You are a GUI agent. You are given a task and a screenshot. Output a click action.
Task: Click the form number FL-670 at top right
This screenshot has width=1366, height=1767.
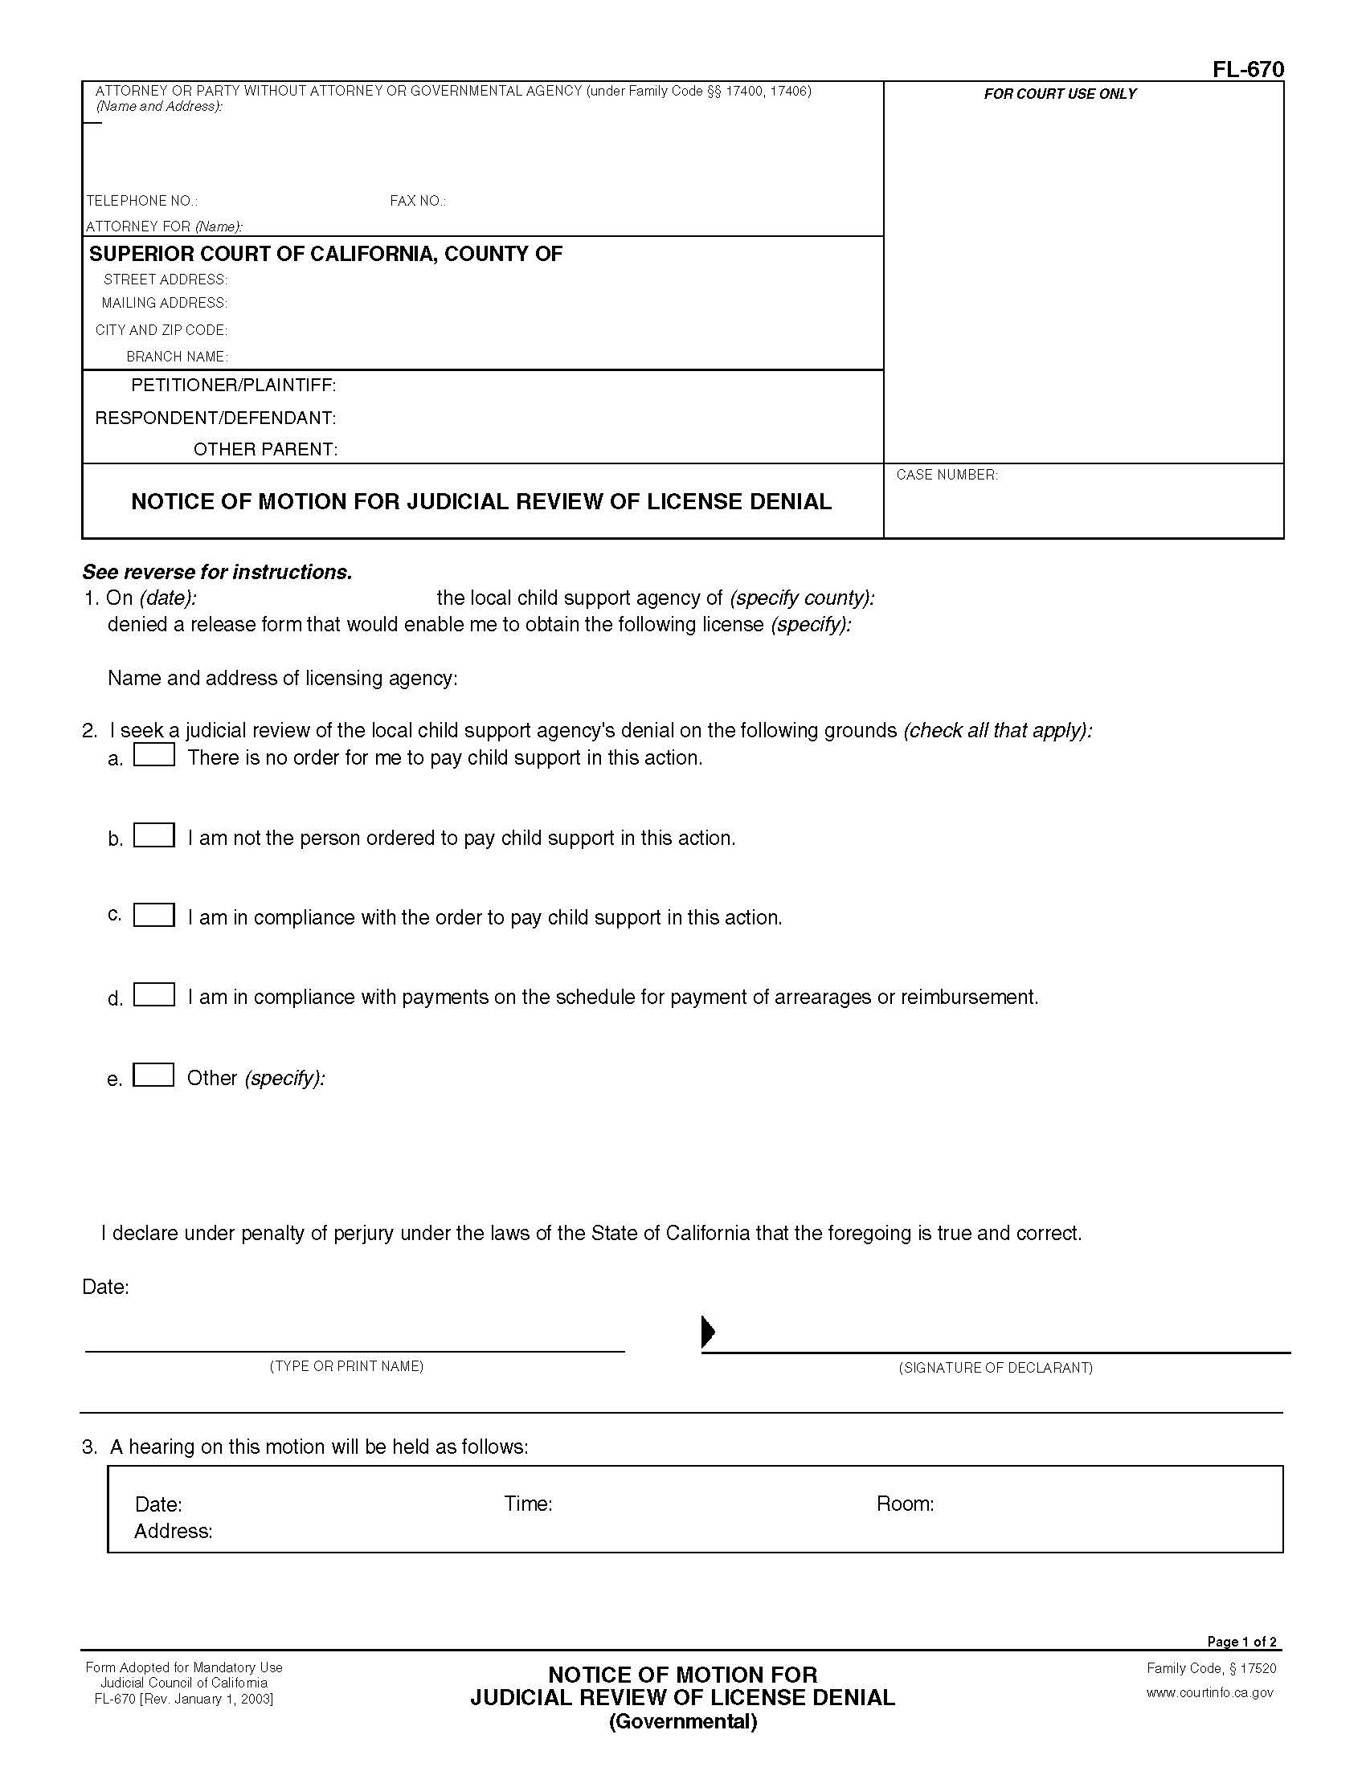[x=1247, y=70]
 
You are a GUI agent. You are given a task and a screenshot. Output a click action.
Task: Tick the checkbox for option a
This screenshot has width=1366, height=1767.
[x=153, y=755]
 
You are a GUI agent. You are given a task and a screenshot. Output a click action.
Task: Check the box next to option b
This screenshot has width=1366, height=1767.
[x=153, y=835]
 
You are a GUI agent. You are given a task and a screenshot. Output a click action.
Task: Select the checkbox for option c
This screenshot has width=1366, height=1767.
[x=153, y=915]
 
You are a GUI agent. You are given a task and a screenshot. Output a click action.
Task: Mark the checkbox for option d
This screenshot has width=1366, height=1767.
[x=153, y=994]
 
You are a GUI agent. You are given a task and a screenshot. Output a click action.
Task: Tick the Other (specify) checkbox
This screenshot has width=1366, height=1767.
[x=153, y=1075]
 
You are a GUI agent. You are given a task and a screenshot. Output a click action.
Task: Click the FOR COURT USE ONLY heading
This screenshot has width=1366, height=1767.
[x=1059, y=94]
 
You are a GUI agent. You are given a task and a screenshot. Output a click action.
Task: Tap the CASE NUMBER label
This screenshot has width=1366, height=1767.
[x=947, y=475]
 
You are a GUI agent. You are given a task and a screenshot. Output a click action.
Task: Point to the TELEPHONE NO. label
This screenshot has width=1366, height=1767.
[x=141, y=201]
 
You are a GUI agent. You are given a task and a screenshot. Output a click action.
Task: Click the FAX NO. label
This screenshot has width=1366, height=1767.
[x=418, y=201]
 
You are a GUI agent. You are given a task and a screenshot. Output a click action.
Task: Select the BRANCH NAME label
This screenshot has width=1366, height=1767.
[x=177, y=357]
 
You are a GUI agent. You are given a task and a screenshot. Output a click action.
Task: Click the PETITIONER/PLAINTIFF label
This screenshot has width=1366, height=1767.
[x=233, y=385]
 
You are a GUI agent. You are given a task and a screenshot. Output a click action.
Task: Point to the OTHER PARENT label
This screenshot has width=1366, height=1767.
[x=264, y=450]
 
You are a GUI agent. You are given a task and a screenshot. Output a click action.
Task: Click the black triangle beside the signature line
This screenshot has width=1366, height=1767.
[x=707, y=1331]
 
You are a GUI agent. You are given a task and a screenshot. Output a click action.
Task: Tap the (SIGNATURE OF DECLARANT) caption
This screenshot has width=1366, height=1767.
[x=996, y=1368]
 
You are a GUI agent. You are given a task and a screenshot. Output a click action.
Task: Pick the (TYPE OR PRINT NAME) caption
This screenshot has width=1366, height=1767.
[x=346, y=1366]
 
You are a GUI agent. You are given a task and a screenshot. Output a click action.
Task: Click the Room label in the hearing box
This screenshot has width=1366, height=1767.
[x=905, y=1504]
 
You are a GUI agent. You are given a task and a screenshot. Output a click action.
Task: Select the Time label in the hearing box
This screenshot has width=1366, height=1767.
[x=528, y=1504]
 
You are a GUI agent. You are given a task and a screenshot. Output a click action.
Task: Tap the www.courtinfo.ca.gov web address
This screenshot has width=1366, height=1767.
[x=1210, y=1692]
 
